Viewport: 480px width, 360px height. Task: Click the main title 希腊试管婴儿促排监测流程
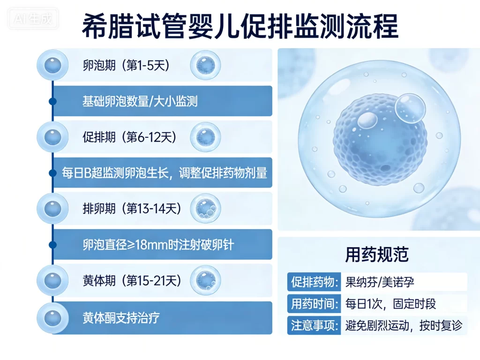(240, 26)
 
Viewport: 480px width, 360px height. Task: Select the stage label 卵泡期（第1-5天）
(126, 65)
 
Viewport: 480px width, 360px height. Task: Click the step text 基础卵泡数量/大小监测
(140, 101)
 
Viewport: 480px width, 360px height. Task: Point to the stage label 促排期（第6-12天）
(129, 137)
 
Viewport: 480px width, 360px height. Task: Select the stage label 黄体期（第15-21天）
(132, 281)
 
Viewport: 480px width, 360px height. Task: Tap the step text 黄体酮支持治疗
(121, 317)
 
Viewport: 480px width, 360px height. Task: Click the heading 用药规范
(377, 255)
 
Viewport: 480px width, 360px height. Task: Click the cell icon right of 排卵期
(205, 209)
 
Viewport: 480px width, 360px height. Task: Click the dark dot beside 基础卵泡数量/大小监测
(52, 101)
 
